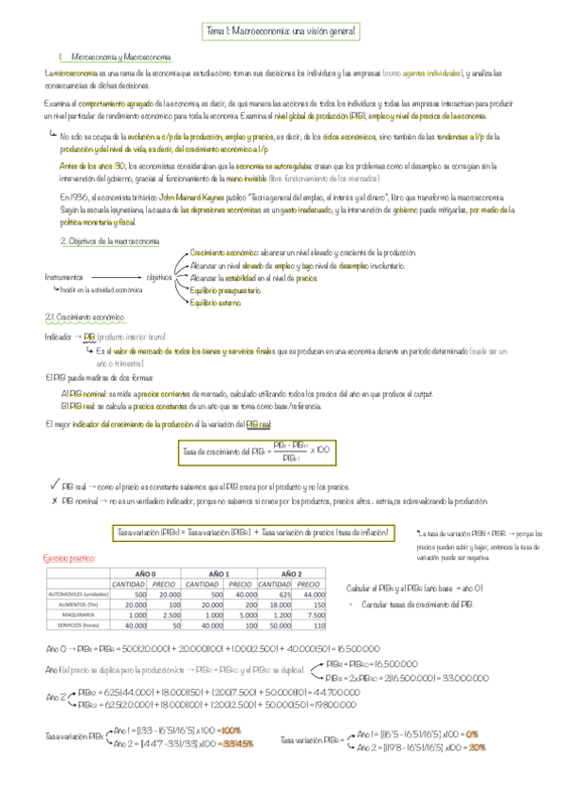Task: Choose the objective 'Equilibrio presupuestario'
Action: pyautogui.click(x=226, y=291)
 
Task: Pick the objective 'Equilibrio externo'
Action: pyautogui.click(x=217, y=302)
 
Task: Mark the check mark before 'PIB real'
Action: pyautogui.click(x=56, y=484)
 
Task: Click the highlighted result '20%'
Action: pyautogui.click(x=477, y=746)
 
